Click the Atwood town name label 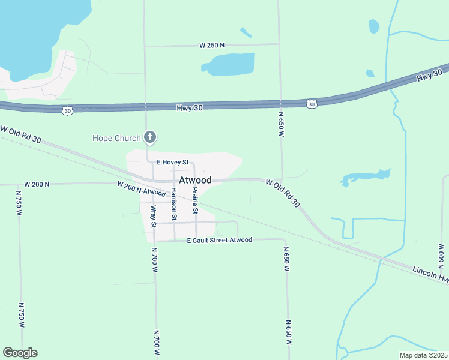(195, 180)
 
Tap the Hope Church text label (116, 139)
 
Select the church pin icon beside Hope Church (150, 139)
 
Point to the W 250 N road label (212, 45)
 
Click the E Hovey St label (173, 163)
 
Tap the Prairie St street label (194, 200)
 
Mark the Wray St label (154, 217)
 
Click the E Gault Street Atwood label (219, 240)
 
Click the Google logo (20, 353)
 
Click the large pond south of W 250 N (231, 64)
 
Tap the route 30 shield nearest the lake (67, 110)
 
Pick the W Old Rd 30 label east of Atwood (283, 193)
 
